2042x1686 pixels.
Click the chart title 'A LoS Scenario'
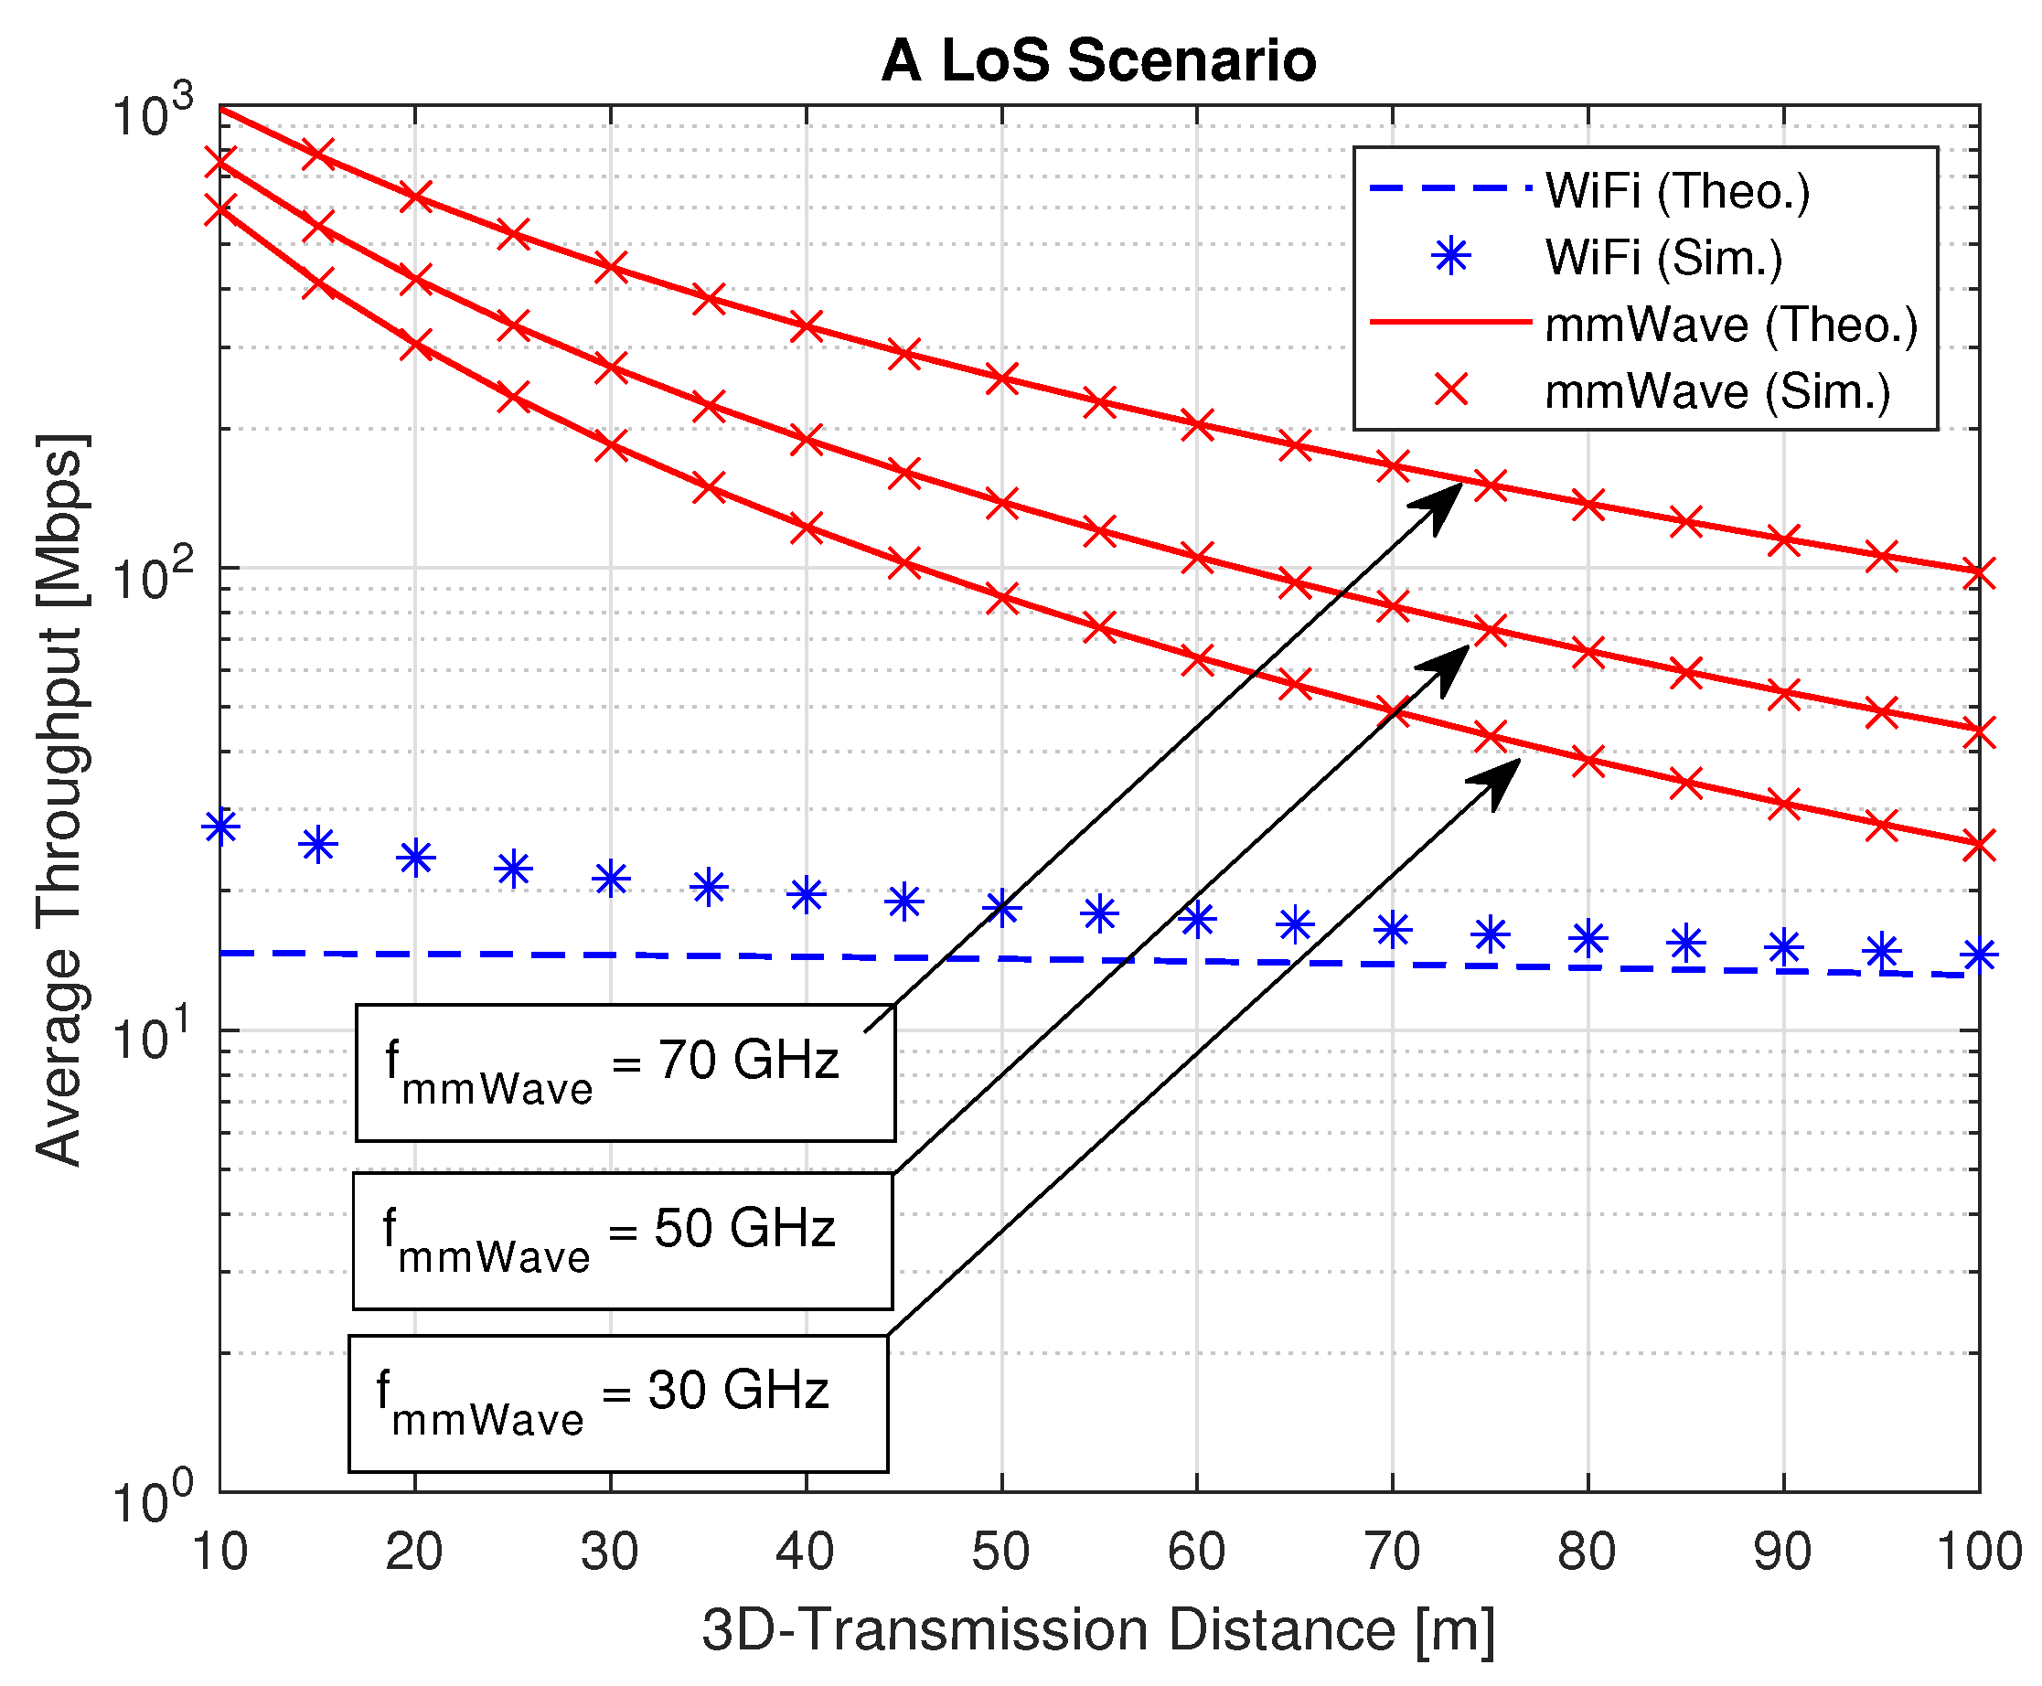[x=1097, y=60]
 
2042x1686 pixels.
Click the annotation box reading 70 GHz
[x=625, y=1072]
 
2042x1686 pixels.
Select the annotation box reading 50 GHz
[x=622, y=1240]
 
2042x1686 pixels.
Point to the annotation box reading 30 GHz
[x=618, y=1403]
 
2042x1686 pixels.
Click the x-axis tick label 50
[x=1000, y=1551]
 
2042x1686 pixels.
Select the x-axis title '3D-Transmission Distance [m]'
[x=1097, y=1629]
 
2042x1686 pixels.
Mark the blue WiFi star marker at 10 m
[x=220, y=827]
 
